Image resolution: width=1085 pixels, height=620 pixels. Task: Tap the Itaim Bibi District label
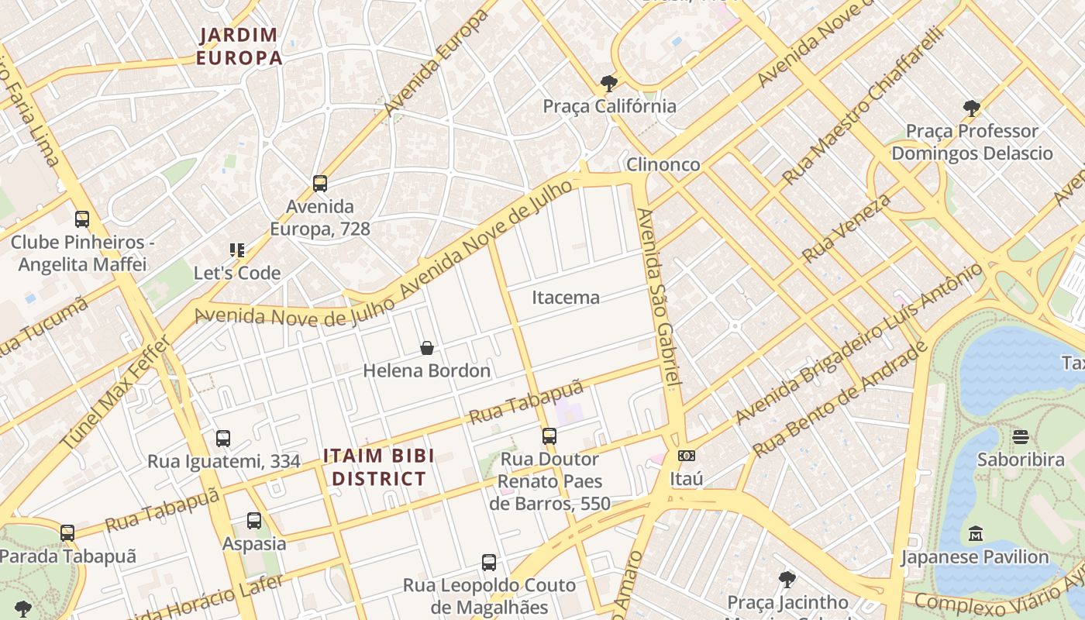coord(379,467)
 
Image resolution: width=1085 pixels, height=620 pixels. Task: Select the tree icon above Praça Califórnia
coord(609,83)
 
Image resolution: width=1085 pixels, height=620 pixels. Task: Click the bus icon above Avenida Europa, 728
coord(320,184)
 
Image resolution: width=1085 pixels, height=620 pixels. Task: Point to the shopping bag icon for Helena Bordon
coord(426,348)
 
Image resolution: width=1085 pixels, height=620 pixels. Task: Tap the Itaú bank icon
coord(686,456)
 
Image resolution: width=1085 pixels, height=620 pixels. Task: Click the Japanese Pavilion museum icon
coord(975,534)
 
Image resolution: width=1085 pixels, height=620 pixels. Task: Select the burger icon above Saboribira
coord(1021,437)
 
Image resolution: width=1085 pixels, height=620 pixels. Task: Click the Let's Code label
coord(237,273)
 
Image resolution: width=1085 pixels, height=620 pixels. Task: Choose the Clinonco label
coord(663,164)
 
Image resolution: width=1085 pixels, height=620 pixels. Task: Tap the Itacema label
coord(566,298)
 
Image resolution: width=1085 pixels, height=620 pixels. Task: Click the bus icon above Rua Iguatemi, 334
coord(223,439)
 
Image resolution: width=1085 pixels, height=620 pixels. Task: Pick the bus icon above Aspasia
coord(254,521)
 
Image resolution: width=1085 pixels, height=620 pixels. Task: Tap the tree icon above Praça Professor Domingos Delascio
coord(971,108)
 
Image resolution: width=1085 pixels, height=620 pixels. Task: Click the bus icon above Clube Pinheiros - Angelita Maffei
coord(82,219)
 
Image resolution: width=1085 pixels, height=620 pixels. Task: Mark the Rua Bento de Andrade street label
coord(840,398)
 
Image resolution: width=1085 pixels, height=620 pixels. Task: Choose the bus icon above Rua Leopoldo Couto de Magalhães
coord(488,563)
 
